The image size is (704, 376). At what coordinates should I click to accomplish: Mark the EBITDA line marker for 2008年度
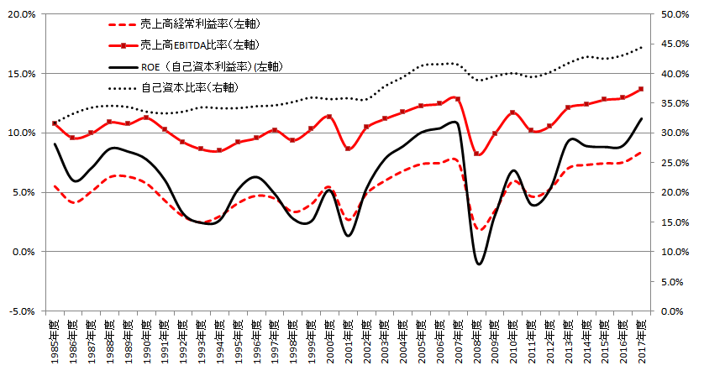[476, 154]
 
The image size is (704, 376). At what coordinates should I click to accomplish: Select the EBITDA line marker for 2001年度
[349, 149]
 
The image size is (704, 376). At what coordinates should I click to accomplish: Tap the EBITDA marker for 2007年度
[458, 99]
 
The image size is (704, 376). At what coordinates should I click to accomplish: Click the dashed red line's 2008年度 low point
[478, 229]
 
